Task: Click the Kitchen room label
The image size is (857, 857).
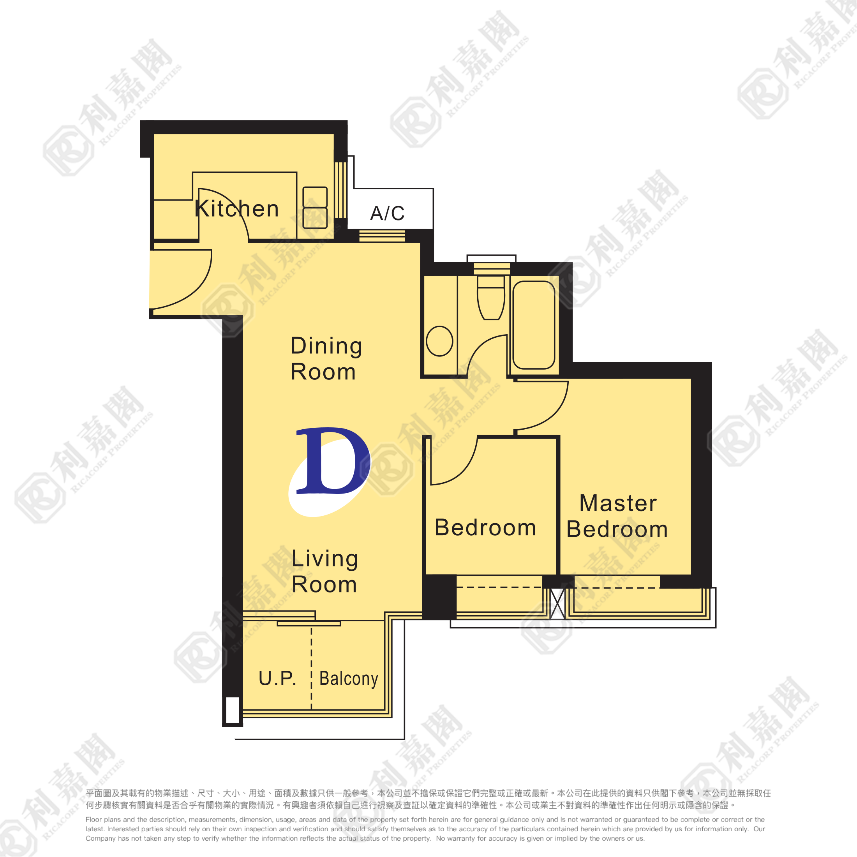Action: [237, 208]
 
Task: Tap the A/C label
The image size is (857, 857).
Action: [387, 213]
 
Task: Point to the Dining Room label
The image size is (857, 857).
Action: [326, 358]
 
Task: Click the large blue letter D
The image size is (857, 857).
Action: [333, 460]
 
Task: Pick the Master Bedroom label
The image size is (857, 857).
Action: [617, 516]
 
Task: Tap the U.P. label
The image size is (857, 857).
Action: [278, 679]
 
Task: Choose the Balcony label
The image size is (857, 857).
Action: [349, 679]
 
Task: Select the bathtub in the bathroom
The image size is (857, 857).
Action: [534, 325]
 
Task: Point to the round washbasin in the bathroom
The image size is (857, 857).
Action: [439, 341]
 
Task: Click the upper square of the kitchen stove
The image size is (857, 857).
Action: [315, 197]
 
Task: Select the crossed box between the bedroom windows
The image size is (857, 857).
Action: [557, 604]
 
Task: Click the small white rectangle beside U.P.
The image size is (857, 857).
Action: [233, 710]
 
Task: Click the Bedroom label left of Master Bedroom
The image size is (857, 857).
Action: [485, 527]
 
